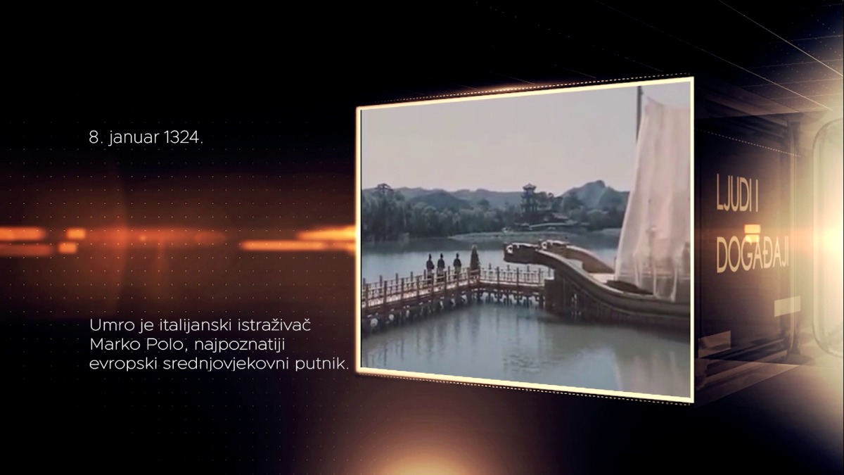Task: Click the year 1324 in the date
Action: [184, 138]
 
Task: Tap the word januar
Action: [134, 139]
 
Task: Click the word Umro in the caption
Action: [113, 325]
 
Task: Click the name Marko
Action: [115, 345]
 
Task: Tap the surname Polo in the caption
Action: [168, 345]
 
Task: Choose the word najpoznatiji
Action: [240, 346]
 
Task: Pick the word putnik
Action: [322, 365]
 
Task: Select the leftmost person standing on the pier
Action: [430, 265]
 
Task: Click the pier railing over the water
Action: [452, 286]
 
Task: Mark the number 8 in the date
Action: [93, 138]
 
